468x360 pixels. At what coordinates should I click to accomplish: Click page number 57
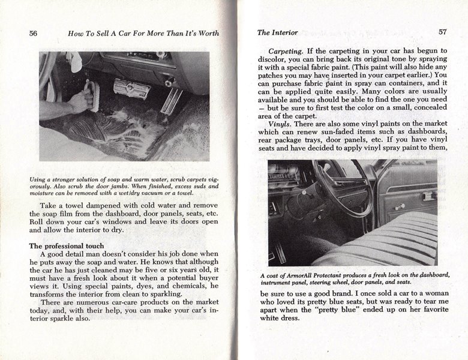442,32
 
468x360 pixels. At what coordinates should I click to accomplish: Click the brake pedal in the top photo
131,89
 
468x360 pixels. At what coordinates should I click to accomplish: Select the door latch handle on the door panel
428,196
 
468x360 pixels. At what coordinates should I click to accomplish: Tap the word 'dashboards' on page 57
424,131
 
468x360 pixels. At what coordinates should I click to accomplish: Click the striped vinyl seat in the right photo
384,240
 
